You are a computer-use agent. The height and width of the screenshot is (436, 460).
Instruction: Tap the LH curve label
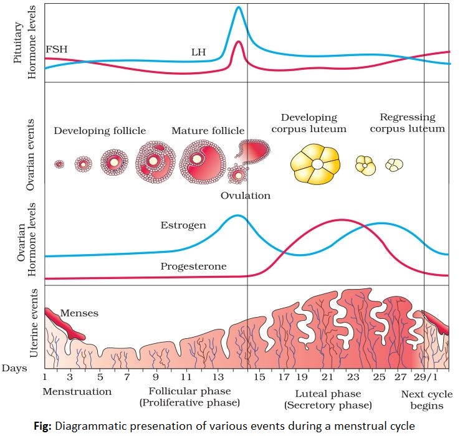click(x=199, y=52)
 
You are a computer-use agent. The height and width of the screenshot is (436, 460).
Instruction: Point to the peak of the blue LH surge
click(x=238, y=8)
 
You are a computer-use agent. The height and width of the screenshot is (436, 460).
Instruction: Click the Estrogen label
click(x=183, y=225)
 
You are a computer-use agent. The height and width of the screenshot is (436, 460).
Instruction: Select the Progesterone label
click(x=193, y=267)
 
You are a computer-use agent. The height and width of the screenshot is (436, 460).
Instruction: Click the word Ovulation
click(x=246, y=196)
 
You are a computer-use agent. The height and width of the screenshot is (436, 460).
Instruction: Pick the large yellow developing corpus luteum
click(x=317, y=164)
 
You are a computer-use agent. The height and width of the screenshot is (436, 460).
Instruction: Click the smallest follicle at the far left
click(x=59, y=164)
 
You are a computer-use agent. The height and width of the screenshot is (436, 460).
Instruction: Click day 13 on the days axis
click(x=219, y=377)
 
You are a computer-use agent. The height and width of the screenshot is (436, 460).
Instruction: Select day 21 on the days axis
click(x=327, y=377)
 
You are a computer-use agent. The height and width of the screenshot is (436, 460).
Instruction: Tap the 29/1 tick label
click(x=428, y=377)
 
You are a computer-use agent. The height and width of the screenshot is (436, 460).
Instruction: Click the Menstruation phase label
click(x=77, y=392)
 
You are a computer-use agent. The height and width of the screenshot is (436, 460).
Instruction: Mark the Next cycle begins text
click(x=423, y=399)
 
